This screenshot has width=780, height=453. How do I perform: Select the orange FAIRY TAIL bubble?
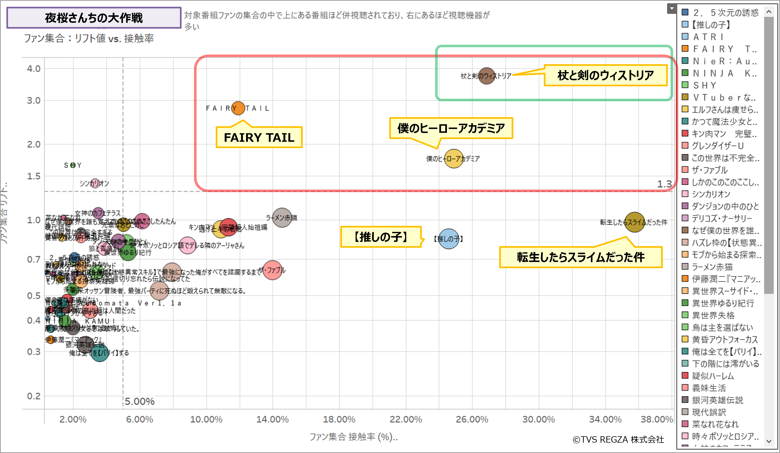click(x=238, y=108)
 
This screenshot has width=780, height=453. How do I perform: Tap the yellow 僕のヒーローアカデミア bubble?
click(x=453, y=159)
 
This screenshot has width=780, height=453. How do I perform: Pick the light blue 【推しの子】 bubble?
click(x=448, y=239)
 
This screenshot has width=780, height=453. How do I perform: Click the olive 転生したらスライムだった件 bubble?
click(x=634, y=222)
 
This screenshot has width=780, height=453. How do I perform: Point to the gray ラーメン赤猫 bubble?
click(x=282, y=218)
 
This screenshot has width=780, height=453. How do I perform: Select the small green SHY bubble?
click(x=73, y=165)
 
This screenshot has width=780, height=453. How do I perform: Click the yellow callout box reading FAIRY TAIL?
click(x=259, y=138)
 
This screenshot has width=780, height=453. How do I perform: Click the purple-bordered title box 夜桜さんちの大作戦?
click(x=94, y=18)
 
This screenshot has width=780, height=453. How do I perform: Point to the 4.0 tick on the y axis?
click(x=34, y=69)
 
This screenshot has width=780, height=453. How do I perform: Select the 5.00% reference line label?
click(x=139, y=401)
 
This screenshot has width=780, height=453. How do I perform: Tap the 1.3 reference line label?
click(x=664, y=184)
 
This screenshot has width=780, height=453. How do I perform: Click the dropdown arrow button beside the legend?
click(x=671, y=9)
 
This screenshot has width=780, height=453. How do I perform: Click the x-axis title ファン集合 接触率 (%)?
click(x=353, y=437)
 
